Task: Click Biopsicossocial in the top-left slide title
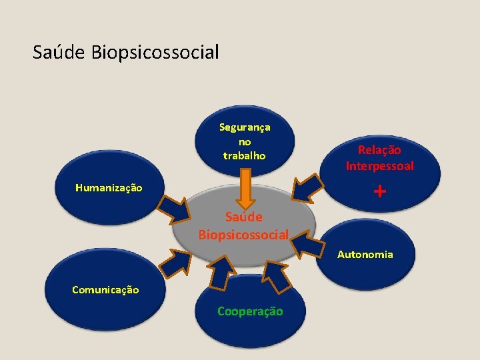[x=155, y=52]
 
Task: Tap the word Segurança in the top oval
[x=245, y=127]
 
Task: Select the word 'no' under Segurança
[x=245, y=141]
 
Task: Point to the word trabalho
[x=245, y=155]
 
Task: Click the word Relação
[x=379, y=151]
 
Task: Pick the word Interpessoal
[x=379, y=165]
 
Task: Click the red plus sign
[x=379, y=192]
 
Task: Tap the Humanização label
[x=109, y=188]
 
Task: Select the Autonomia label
[x=365, y=254]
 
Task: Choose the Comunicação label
[x=105, y=289]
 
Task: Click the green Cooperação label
[x=250, y=311]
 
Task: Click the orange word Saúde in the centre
[x=243, y=217]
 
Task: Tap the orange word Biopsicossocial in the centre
[x=243, y=235]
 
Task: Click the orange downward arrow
[x=245, y=188]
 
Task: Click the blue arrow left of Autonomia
[x=307, y=244]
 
